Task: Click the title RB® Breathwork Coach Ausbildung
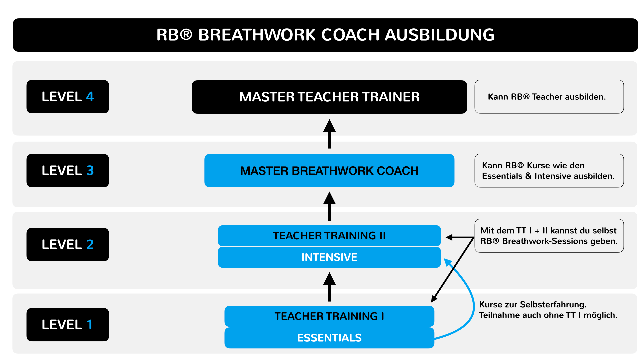325,35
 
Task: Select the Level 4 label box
68,97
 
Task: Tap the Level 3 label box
68,171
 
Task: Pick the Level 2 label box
68,245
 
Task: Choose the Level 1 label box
68,325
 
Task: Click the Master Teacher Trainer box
329,97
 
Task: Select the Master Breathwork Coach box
329,171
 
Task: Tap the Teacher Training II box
329,236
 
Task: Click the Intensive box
329,257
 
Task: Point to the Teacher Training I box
329,316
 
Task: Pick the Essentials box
329,338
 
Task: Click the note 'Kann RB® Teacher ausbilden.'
549,97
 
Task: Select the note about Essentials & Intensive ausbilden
549,171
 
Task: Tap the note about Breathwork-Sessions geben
549,236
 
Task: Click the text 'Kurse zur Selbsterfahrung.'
533,305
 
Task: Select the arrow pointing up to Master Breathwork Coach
329,206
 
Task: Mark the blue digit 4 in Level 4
90,97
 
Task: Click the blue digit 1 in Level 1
89,325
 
